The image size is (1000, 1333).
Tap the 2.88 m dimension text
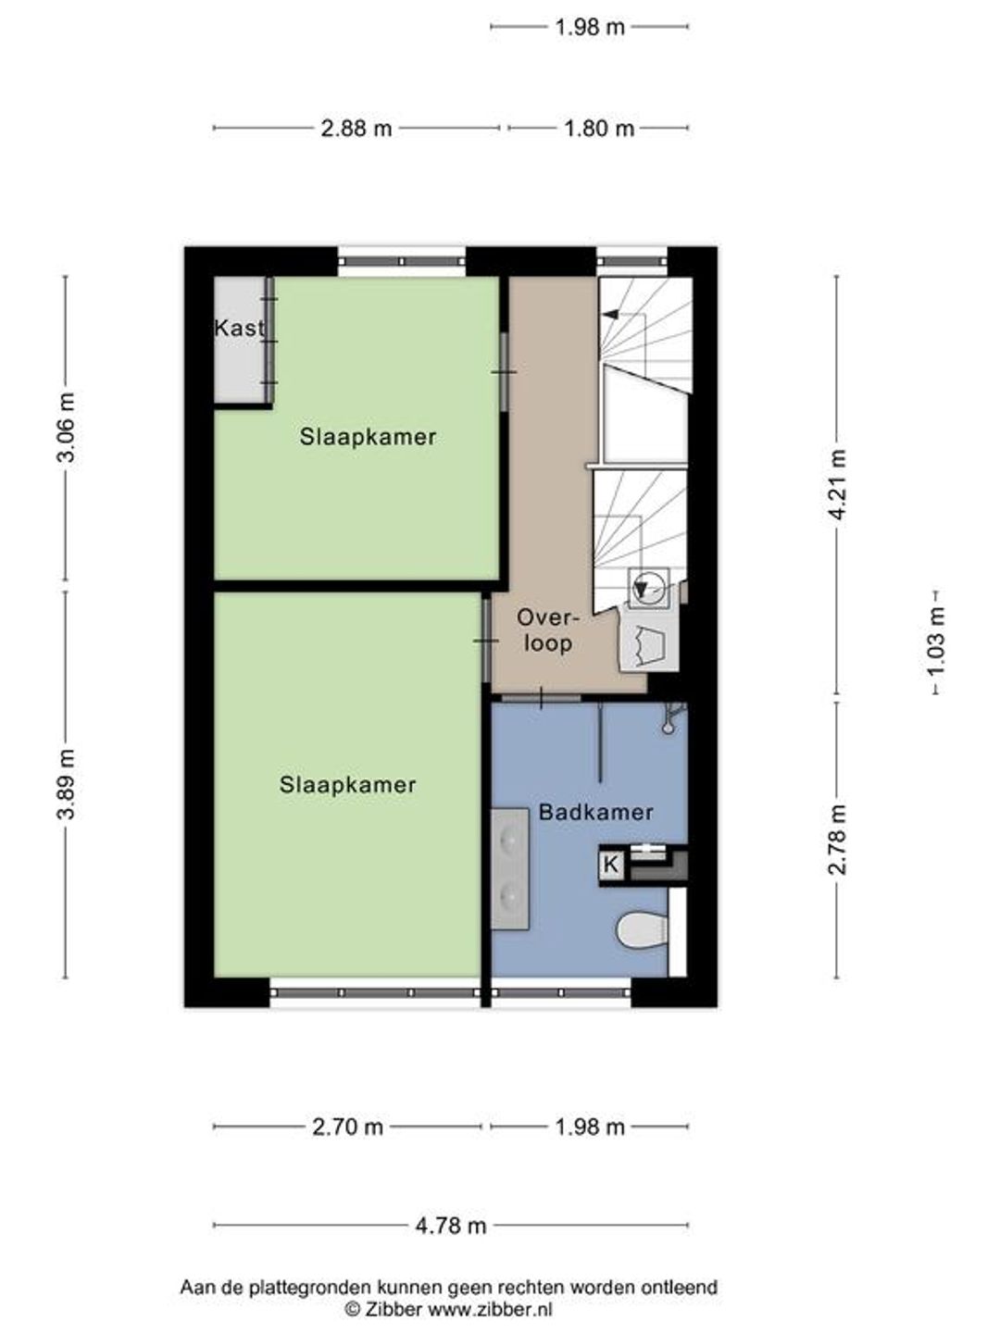click(x=356, y=129)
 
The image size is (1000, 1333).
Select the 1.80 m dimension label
click(x=599, y=129)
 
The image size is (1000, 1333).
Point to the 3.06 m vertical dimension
click(x=66, y=428)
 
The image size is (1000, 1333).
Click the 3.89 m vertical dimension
click(x=66, y=784)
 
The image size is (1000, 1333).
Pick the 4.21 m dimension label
click(x=839, y=485)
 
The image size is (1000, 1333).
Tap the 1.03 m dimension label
click(x=937, y=642)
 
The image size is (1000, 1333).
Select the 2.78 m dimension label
click(x=839, y=840)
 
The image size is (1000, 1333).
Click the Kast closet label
click(x=239, y=329)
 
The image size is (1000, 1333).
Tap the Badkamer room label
click(x=595, y=813)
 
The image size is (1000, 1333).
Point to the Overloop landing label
click(x=547, y=630)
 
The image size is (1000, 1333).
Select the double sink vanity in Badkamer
click(x=509, y=868)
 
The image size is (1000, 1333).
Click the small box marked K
click(x=611, y=865)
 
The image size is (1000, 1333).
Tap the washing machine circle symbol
click(x=647, y=588)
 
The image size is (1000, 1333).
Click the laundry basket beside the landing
click(x=648, y=645)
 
